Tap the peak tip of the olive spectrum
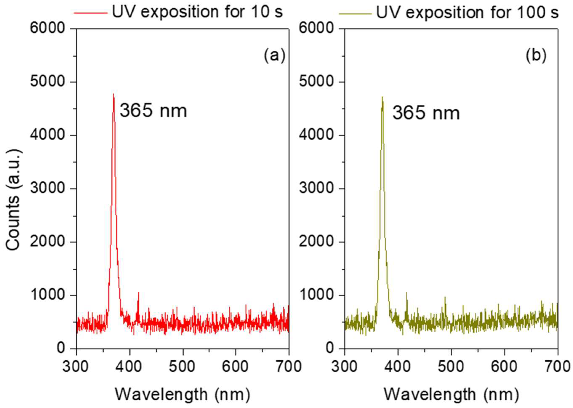[x=382, y=97]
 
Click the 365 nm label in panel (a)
[x=153, y=111]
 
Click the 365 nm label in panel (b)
[x=426, y=113]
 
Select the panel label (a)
[x=274, y=56]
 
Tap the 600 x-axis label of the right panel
[x=504, y=367]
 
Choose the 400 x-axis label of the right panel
[x=398, y=367]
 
